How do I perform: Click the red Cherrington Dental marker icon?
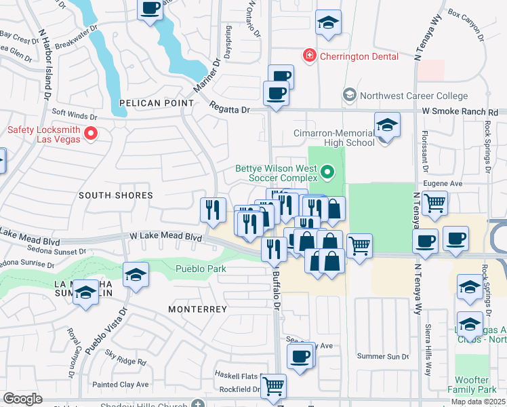click(x=309, y=56)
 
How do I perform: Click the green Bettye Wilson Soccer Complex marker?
click(x=329, y=173)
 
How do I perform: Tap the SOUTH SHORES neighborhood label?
click(x=115, y=195)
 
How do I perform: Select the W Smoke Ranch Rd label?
click(x=460, y=111)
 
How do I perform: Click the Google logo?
click(x=22, y=399)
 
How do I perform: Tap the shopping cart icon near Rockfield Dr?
click(x=273, y=386)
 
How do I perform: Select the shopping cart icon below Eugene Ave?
click(x=434, y=201)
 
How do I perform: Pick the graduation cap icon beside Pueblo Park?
click(x=136, y=275)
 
